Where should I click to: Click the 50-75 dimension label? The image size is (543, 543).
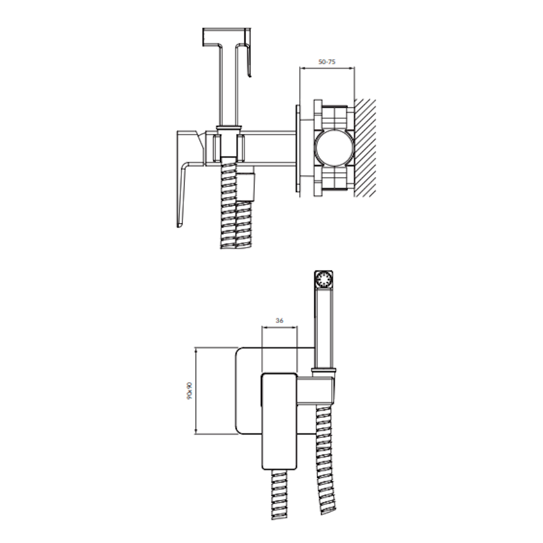pyautogui.click(x=326, y=62)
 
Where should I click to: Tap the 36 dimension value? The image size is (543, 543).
pyautogui.click(x=280, y=320)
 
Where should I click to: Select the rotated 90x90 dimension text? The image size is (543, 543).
pyautogui.click(x=189, y=391)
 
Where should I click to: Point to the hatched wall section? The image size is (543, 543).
pyautogui.click(x=365, y=148)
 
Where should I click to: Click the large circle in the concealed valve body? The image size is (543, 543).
pyautogui.click(x=334, y=148)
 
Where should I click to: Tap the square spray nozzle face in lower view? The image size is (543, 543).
pyautogui.click(x=324, y=280)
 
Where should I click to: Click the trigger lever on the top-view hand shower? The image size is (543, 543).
pyautogui.click(x=248, y=52)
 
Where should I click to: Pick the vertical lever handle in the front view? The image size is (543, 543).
pyautogui.click(x=279, y=421)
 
